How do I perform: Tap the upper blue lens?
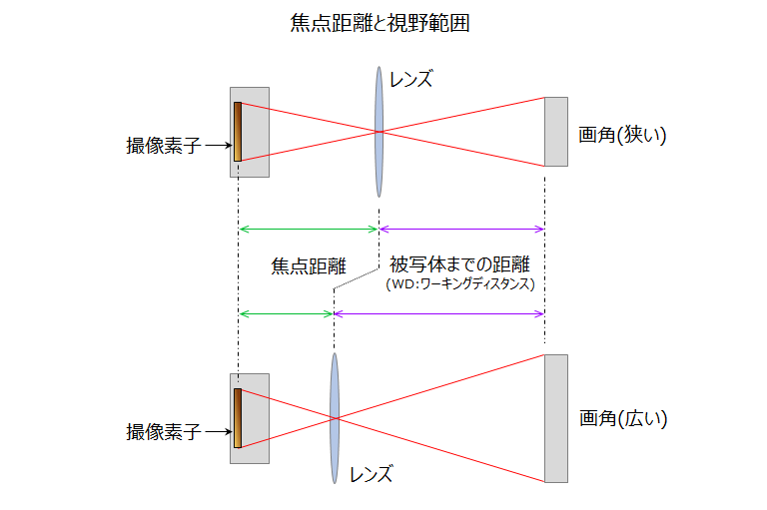(x=379, y=131)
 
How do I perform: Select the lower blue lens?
(x=334, y=418)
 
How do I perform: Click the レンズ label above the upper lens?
(x=411, y=79)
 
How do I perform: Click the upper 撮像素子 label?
(x=163, y=146)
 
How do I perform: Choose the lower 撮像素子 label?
(x=163, y=432)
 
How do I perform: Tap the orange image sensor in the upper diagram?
(x=238, y=131)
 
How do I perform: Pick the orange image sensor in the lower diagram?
(x=238, y=418)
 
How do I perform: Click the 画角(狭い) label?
(x=621, y=135)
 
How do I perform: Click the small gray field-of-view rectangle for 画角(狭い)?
(x=555, y=131)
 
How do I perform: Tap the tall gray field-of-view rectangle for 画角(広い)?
(x=555, y=418)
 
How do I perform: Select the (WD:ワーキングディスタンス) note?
(x=460, y=284)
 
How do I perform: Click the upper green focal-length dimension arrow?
(x=309, y=229)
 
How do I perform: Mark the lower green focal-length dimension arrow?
(x=286, y=313)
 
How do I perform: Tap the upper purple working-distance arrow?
(x=461, y=229)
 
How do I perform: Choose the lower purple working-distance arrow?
(x=439, y=313)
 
